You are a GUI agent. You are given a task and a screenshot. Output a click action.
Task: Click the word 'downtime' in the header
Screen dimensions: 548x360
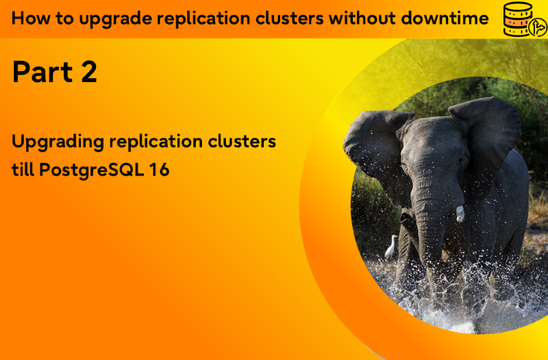(x=445, y=18)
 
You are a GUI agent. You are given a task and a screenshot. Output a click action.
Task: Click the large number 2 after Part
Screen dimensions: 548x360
(x=89, y=72)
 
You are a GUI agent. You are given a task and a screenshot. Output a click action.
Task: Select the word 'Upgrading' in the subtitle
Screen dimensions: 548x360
(x=58, y=142)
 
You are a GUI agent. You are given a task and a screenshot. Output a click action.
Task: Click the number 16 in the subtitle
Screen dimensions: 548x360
(x=159, y=170)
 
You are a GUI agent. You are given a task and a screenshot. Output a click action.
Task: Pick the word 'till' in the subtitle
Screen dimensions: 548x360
(x=23, y=170)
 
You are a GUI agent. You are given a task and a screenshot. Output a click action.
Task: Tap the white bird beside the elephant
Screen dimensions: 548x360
(x=391, y=246)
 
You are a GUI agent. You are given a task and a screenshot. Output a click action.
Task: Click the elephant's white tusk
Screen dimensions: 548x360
(x=460, y=214)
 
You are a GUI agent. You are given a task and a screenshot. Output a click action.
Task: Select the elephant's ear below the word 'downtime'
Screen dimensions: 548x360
(x=486, y=133)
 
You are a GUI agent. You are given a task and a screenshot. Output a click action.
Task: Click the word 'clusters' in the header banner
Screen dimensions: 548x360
(x=289, y=18)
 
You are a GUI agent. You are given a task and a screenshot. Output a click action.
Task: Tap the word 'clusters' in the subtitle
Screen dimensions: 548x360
(x=242, y=142)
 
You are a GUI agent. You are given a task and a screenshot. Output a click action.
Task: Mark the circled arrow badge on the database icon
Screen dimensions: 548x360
(x=537, y=28)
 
